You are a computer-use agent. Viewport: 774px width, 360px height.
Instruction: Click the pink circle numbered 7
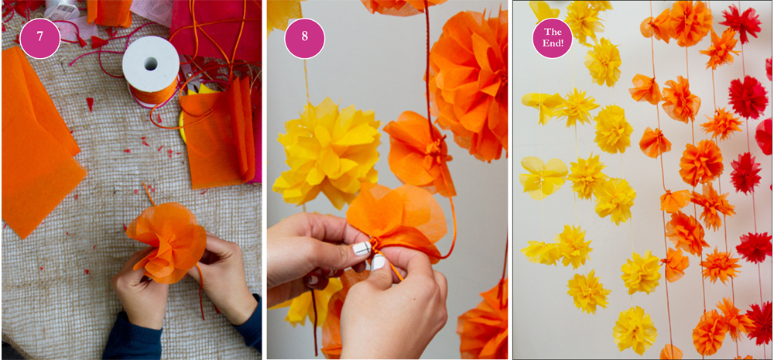pyautogui.click(x=39, y=39)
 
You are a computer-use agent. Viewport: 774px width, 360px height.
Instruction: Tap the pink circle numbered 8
pyautogui.click(x=304, y=39)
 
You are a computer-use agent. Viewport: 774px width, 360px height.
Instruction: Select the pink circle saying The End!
pyautogui.click(x=552, y=39)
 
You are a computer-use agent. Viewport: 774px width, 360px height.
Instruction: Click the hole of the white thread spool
pyautogui.click(x=151, y=63)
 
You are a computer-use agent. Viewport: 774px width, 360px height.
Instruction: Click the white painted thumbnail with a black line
pyautogui.click(x=361, y=248)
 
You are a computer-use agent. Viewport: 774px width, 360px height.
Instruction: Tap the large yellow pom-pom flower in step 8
pyautogui.click(x=326, y=151)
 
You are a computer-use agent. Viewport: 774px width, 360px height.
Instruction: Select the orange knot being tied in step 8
pyautogui.click(x=375, y=243)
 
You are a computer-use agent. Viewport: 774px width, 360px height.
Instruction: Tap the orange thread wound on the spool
pyautogui.click(x=152, y=92)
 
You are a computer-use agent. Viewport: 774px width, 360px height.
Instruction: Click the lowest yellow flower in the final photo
pyautogui.click(x=635, y=330)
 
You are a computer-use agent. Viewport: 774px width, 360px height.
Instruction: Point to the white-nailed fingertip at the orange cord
pyautogui.click(x=378, y=261)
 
